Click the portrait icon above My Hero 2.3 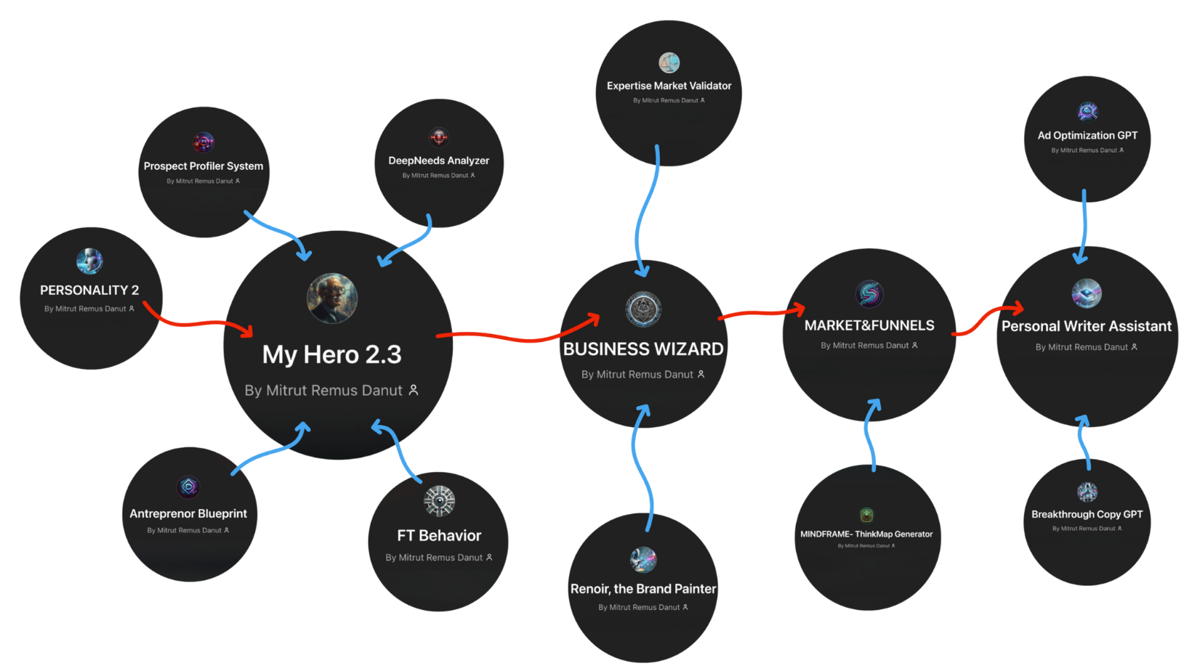(x=332, y=298)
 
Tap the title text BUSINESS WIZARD (x=643, y=349)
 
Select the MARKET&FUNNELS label (x=869, y=325)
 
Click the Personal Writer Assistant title (x=1087, y=327)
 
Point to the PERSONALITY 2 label (x=89, y=290)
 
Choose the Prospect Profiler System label (x=204, y=166)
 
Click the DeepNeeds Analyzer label (x=438, y=160)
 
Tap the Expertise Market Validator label (x=669, y=86)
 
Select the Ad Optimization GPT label (x=1087, y=136)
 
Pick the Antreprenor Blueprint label (x=188, y=513)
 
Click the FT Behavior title (x=439, y=536)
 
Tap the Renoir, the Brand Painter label (x=643, y=589)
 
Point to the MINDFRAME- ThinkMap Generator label (x=866, y=534)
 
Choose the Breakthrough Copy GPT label (x=1087, y=514)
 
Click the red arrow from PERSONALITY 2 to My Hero (x=196, y=322)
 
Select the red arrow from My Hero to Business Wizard (x=516, y=337)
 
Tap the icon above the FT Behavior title (x=439, y=501)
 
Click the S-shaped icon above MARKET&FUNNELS (x=869, y=294)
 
